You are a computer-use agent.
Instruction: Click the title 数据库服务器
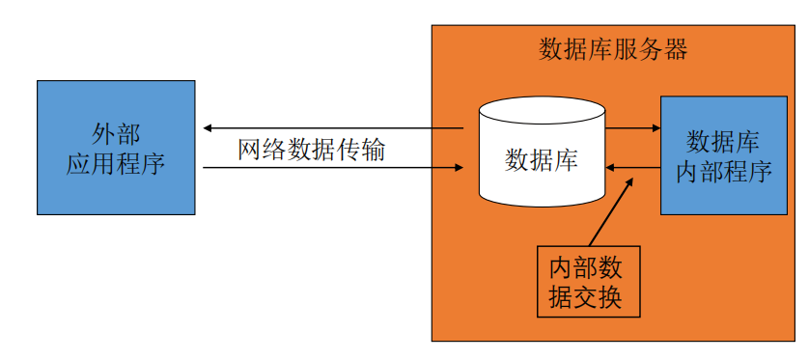tap(612, 51)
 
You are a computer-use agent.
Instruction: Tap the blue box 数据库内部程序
tap(723, 155)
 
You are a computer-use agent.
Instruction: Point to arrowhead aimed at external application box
tap(208, 128)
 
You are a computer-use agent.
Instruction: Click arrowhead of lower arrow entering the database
tap(459, 169)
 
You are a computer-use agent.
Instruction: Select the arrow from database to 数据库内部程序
tap(632, 127)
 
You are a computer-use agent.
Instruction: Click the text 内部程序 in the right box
tap(723, 171)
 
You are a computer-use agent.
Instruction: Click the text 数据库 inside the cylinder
tap(542, 160)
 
